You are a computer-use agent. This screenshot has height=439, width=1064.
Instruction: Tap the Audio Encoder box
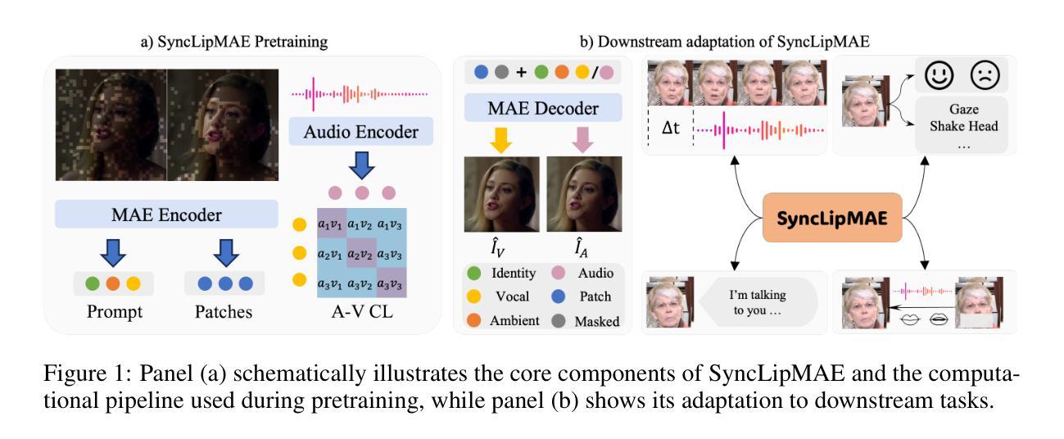(x=360, y=131)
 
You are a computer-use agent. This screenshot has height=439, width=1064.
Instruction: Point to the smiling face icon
(x=939, y=75)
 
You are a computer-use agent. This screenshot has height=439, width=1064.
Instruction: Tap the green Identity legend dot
(x=473, y=273)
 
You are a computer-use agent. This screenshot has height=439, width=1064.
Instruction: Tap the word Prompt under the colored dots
(x=113, y=312)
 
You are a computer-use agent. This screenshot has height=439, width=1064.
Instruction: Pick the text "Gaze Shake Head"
(x=965, y=116)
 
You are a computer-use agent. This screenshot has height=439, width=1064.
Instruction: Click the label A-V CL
(x=361, y=312)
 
